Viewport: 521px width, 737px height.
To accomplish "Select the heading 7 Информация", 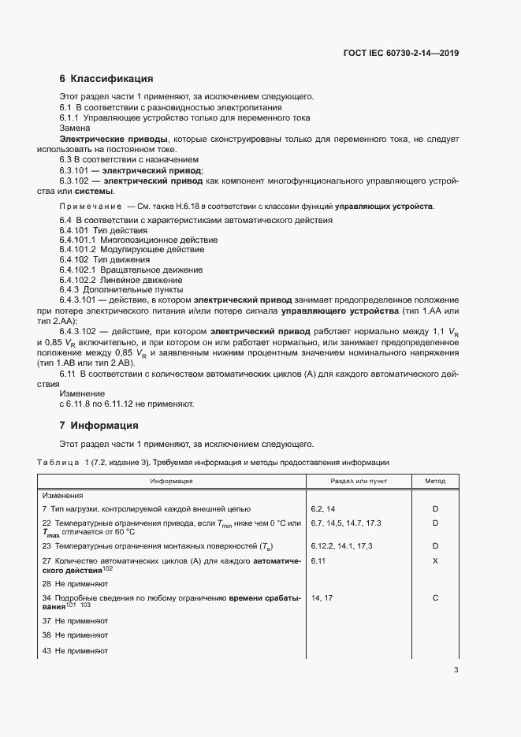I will [x=99, y=426].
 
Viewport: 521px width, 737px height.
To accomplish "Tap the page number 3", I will [x=456, y=671].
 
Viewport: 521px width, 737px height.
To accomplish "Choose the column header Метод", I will [x=435, y=481].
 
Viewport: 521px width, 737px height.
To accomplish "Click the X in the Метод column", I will [x=435, y=560].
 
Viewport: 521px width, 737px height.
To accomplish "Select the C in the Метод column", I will [x=435, y=598].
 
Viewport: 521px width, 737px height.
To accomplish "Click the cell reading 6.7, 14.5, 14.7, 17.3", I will [x=346, y=523].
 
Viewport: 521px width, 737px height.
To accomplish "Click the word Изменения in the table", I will [x=63, y=495].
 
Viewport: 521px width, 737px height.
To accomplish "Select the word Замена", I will [x=75, y=128].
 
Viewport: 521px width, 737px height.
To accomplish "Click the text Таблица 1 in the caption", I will [x=60, y=462].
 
